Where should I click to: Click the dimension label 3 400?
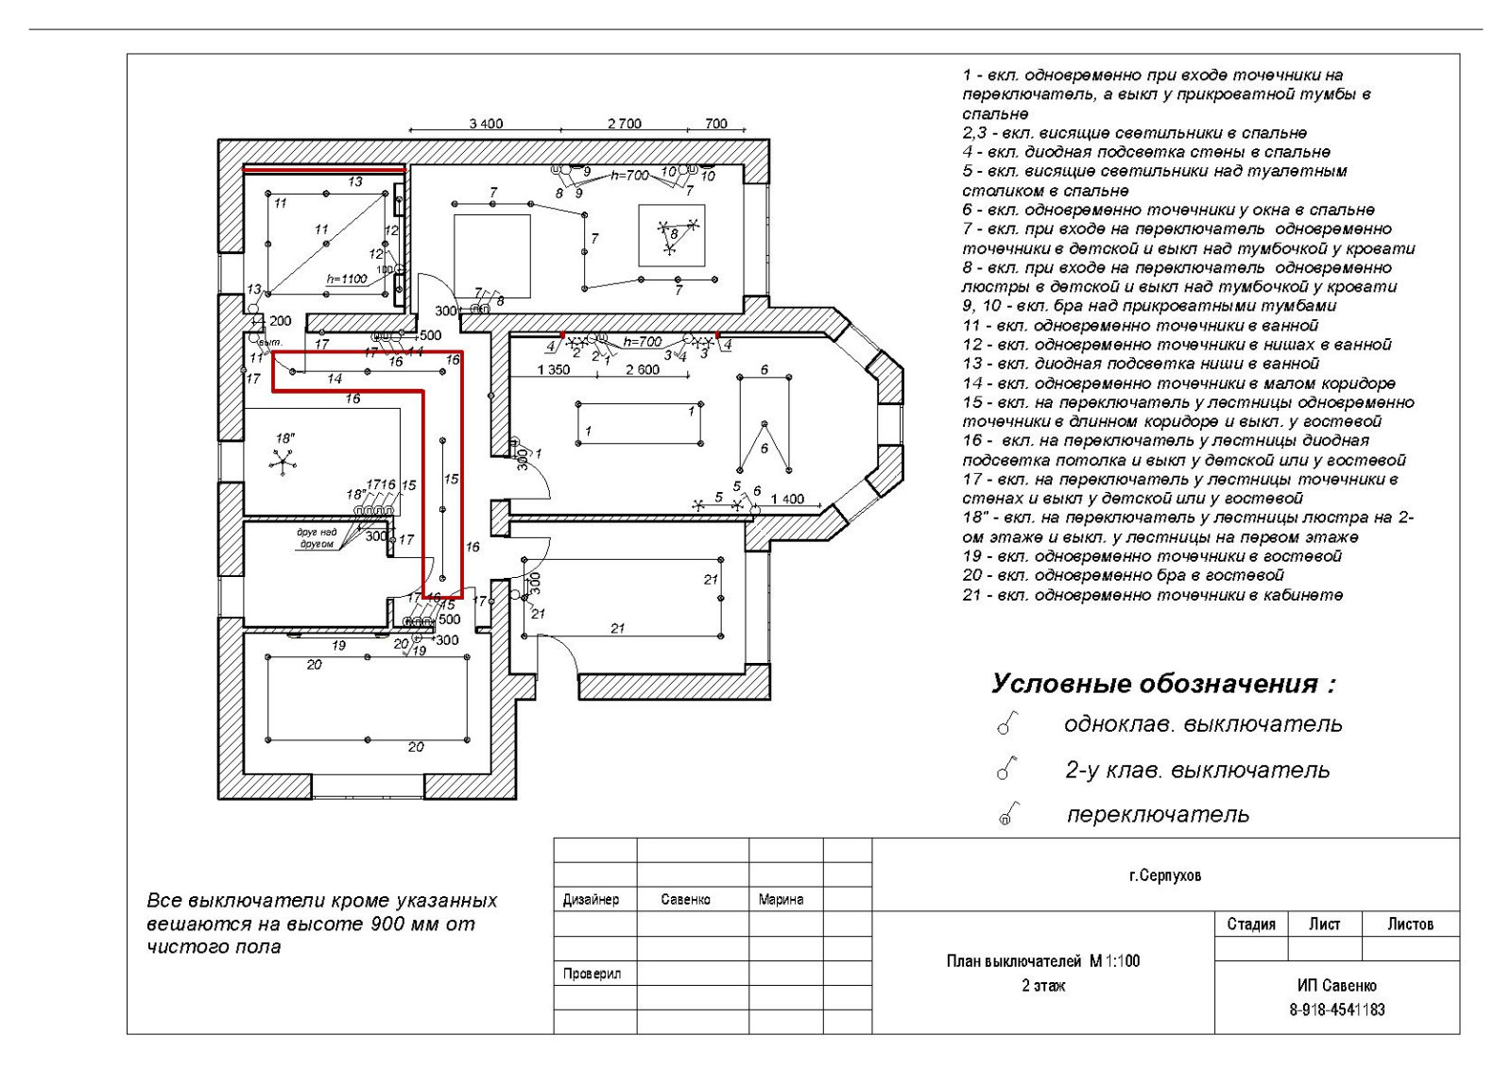pos(486,124)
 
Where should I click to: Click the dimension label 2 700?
pos(624,124)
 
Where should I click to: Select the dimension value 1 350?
pos(553,370)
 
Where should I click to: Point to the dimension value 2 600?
pos(643,370)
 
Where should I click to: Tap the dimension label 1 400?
pos(787,499)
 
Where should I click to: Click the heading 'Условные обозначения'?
pos(1163,684)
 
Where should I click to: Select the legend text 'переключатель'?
pos(1158,814)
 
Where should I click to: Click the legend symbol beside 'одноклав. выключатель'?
pos(1005,725)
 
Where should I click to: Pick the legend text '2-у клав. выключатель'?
pos(1197,771)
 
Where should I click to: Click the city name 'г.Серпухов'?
pos(1165,875)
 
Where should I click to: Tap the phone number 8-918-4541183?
pos(1337,1010)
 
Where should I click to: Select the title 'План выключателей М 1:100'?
pos(1043,961)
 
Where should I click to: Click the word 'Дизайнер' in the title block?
pos(591,900)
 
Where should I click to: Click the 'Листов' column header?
pos(1410,924)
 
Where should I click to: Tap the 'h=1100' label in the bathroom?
pos(346,279)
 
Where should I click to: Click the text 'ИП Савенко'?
pos(1337,986)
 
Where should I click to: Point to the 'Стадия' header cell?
pos(1251,924)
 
